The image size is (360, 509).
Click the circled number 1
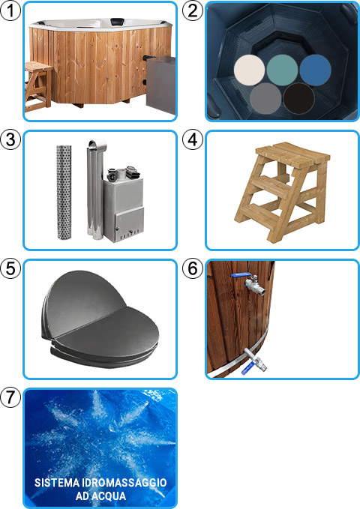10,11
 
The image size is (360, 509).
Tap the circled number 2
193,11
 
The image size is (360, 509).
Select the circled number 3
10,140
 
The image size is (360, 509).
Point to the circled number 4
193,140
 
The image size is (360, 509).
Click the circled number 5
10,269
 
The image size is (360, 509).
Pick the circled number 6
193,269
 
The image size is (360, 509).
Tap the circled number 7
10,397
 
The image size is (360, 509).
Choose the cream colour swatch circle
250,69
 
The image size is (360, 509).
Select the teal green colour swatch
283,69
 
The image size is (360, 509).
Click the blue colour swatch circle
316,69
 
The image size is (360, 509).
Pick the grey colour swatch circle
266,97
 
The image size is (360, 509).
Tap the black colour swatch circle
300,97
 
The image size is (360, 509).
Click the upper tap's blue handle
241,277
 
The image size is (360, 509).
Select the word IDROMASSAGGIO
127,482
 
